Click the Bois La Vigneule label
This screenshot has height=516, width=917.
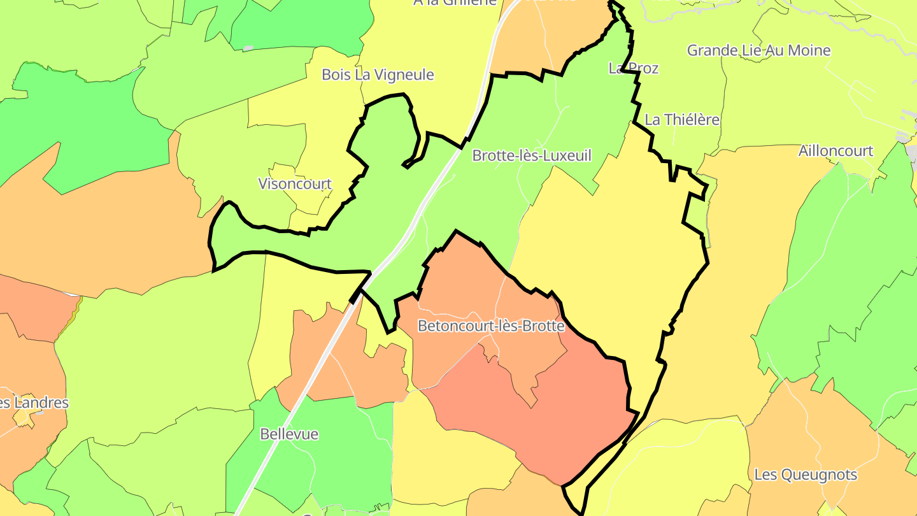[378, 75]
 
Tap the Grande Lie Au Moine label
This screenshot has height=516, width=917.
[758, 50]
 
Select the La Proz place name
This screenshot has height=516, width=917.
[633, 68]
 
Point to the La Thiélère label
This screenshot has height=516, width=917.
[682, 120]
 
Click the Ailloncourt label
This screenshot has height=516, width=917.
[835, 152]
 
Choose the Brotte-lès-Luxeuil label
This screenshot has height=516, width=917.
[532, 155]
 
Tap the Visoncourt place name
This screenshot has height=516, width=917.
[295, 184]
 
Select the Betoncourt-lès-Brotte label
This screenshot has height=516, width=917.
[491, 326]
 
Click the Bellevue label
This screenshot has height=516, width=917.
[289, 434]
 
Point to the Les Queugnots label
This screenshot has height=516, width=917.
[806, 475]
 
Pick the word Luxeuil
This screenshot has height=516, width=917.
[569, 155]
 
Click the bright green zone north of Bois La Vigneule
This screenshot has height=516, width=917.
[299, 25]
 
